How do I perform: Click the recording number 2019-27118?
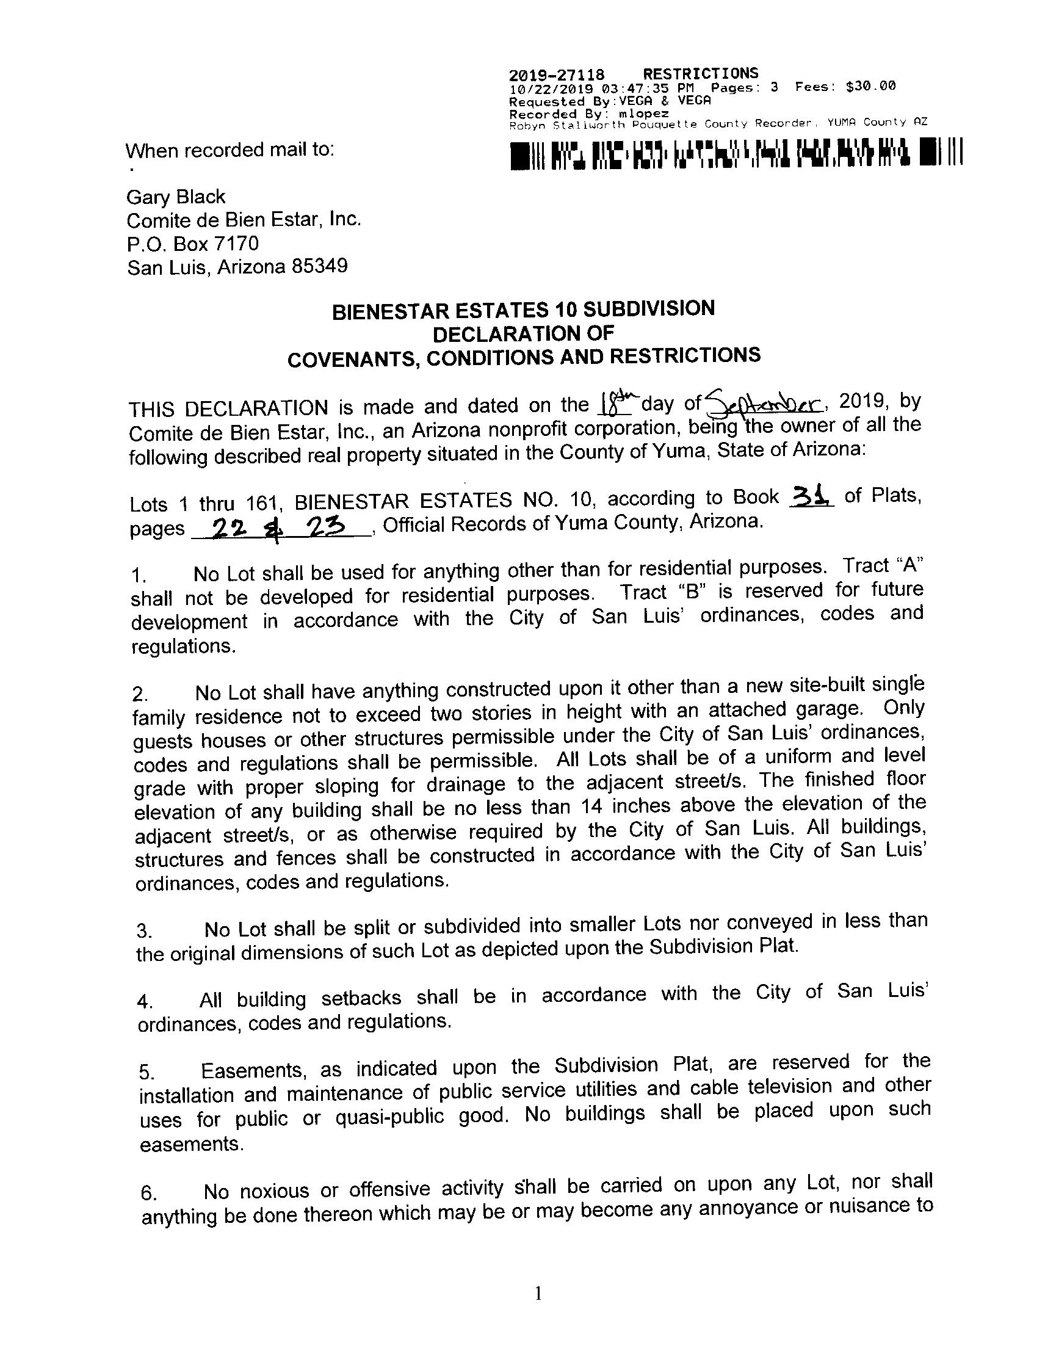click(x=556, y=75)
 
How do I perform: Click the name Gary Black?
click(x=176, y=198)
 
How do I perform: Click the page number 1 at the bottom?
click(x=538, y=1293)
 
